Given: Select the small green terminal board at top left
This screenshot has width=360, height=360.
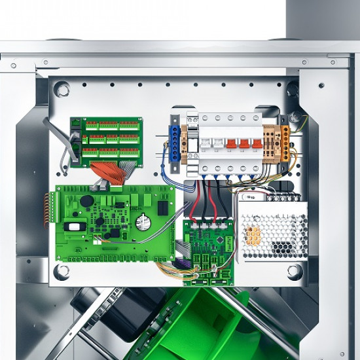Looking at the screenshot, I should [106, 141].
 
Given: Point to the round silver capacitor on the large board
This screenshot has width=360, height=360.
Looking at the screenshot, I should [143, 223].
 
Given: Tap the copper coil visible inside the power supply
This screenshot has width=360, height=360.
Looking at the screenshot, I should [253, 235].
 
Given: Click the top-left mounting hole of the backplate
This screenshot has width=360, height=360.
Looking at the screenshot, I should [62, 88].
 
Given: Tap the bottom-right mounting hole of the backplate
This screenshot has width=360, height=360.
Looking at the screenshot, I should [294, 270].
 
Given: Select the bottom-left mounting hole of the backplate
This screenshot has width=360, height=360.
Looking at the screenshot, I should [62, 270].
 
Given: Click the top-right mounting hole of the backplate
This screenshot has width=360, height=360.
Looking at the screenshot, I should [293, 89].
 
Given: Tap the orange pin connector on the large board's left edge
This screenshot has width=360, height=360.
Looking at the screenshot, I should [47, 209].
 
